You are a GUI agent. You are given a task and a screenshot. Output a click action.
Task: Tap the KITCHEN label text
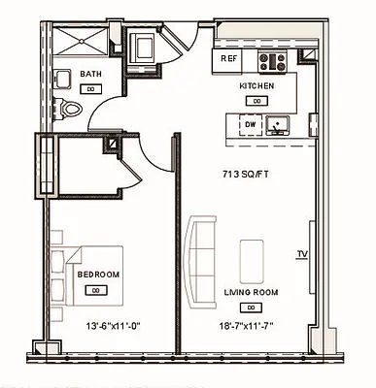256,86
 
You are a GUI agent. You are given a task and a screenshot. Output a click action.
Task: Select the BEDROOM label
98,275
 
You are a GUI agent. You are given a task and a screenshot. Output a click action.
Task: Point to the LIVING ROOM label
252,291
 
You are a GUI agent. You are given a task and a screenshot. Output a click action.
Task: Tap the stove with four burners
271,61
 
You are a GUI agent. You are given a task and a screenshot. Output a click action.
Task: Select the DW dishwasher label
250,125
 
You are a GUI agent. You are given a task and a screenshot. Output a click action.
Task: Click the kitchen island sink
279,124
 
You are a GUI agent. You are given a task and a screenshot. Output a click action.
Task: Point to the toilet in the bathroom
68,109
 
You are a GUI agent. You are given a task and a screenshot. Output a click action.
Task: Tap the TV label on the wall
301,256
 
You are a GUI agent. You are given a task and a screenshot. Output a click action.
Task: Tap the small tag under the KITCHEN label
256,99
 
